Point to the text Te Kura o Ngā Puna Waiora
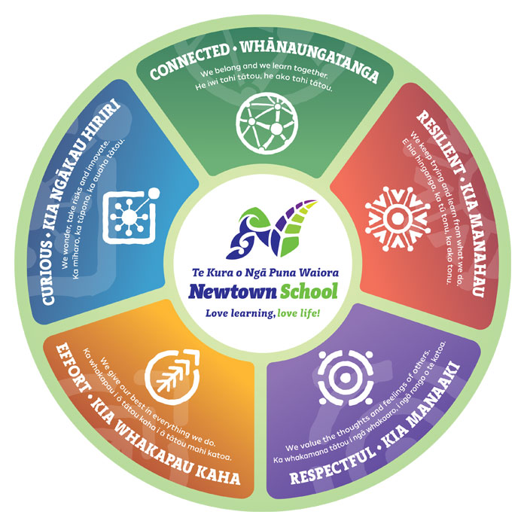263,270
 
